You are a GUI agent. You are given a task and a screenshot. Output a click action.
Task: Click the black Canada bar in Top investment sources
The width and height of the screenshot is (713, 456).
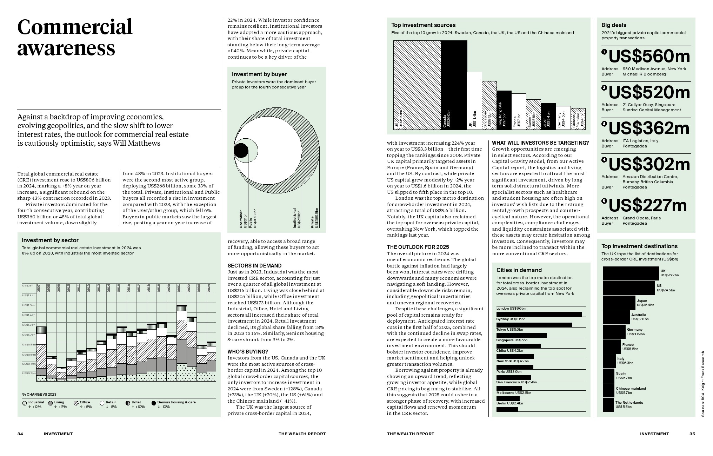click(x=454, y=84)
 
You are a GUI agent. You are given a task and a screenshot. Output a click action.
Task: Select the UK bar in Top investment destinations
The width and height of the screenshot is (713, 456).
click(x=631, y=273)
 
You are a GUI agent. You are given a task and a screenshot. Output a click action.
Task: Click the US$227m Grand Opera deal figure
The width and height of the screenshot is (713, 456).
click(x=647, y=205)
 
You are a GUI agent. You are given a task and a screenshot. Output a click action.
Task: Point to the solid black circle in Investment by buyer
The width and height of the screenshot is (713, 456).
click(x=241, y=151)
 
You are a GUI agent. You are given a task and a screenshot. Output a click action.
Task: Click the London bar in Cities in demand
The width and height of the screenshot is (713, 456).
click(x=539, y=315)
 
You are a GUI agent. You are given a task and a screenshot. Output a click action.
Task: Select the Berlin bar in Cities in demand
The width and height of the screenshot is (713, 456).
click(x=507, y=409)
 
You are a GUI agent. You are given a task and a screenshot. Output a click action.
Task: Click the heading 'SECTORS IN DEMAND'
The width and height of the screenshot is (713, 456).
click(x=254, y=266)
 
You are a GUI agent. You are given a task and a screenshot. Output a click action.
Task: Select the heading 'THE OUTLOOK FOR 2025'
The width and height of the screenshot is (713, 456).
click(x=413, y=247)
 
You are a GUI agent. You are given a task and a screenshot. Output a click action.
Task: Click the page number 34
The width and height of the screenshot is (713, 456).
click(x=20, y=434)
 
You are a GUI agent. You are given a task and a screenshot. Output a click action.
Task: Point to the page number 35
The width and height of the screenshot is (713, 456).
click(x=692, y=434)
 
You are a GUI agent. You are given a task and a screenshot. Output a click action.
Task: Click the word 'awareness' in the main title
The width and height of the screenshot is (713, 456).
click(x=66, y=48)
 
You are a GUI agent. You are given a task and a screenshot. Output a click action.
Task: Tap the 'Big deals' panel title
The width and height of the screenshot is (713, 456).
click(x=614, y=25)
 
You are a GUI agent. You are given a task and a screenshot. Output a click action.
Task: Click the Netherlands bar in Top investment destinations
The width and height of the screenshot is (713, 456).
click(x=608, y=405)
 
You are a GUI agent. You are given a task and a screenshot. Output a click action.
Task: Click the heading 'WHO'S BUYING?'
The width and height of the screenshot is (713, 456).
click(x=248, y=352)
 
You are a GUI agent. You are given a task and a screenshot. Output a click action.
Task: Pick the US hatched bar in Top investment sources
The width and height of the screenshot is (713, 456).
click(x=417, y=84)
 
